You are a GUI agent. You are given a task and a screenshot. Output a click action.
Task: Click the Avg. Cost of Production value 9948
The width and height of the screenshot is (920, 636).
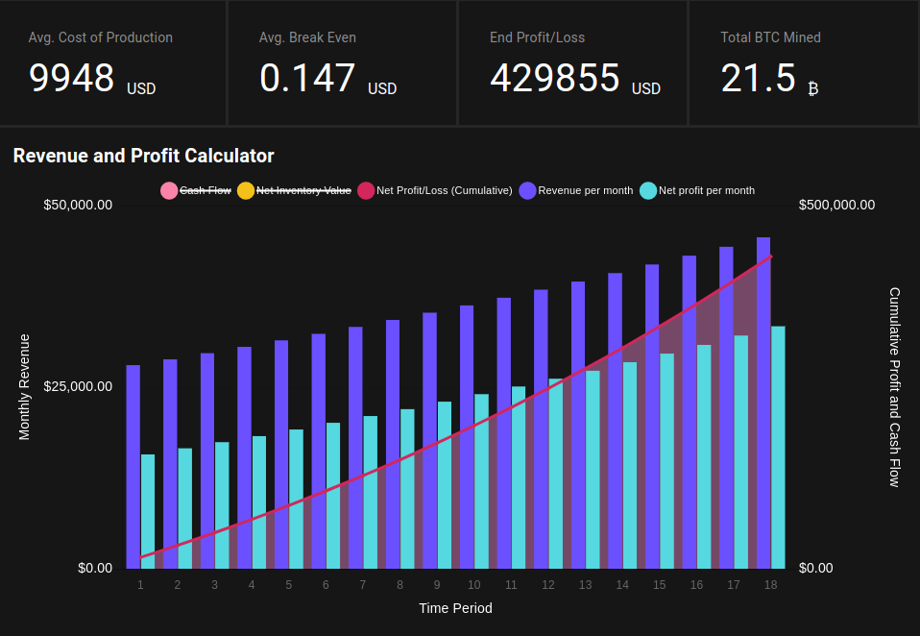(x=72, y=78)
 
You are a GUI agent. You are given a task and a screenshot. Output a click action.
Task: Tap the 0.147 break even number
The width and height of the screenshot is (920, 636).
(x=307, y=78)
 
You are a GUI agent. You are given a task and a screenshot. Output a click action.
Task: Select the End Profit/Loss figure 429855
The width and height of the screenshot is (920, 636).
(x=554, y=78)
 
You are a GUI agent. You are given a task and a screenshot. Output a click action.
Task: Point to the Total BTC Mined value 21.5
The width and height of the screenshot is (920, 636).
(x=759, y=78)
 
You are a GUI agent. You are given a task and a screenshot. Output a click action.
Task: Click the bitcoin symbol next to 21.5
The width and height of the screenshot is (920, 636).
(x=813, y=89)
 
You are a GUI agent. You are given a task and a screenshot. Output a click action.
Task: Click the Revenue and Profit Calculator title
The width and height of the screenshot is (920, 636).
(x=143, y=156)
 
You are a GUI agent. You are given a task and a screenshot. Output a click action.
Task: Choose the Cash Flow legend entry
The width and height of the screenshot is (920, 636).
(x=197, y=190)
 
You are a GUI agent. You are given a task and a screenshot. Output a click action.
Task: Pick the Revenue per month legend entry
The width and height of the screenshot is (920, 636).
(x=576, y=190)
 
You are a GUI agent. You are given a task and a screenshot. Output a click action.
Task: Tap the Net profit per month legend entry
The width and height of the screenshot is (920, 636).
(x=697, y=190)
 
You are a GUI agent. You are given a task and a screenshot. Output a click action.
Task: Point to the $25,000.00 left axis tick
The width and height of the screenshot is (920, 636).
(x=78, y=386)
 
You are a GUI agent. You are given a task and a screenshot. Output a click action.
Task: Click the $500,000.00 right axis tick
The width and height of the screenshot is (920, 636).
(x=836, y=205)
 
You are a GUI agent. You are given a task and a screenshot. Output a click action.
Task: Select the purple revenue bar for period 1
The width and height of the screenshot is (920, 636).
(x=133, y=466)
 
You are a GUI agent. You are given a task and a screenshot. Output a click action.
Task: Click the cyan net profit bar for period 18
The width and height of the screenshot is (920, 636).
(x=778, y=447)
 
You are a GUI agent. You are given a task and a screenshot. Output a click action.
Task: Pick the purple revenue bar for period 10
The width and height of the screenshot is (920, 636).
(x=467, y=436)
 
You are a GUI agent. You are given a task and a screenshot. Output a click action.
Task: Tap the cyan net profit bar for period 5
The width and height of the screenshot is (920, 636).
(x=296, y=498)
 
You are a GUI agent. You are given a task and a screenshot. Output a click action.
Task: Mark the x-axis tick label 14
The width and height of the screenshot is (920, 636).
(x=622, y=585)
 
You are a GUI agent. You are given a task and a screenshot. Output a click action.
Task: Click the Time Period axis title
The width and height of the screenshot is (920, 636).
(x=455, y=608)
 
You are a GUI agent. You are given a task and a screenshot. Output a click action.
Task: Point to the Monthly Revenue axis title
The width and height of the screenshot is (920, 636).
(x=25, y=386)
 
